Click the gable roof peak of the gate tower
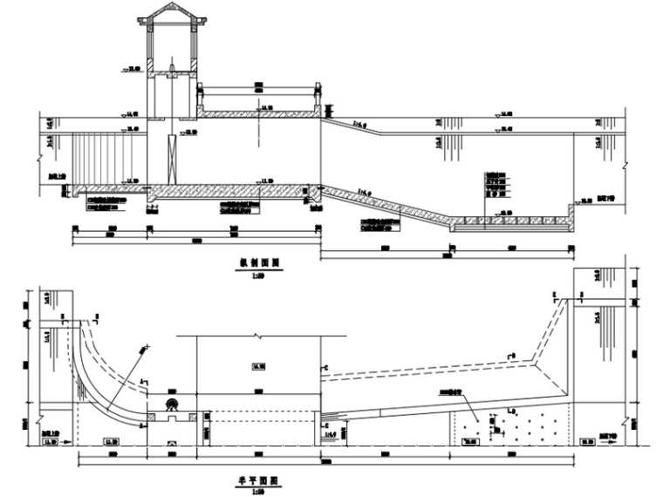(x=172, y=5)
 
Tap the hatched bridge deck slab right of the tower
(x=257, y=112)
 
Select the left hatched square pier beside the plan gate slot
(x=154, y=418)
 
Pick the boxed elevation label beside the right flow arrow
(x=587, y=443)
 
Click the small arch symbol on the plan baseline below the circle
(x=173, y=444)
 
